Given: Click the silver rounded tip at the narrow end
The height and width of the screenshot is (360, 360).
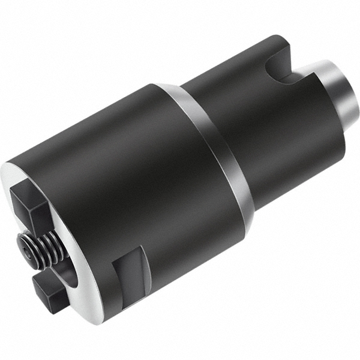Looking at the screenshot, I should [342, 90].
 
